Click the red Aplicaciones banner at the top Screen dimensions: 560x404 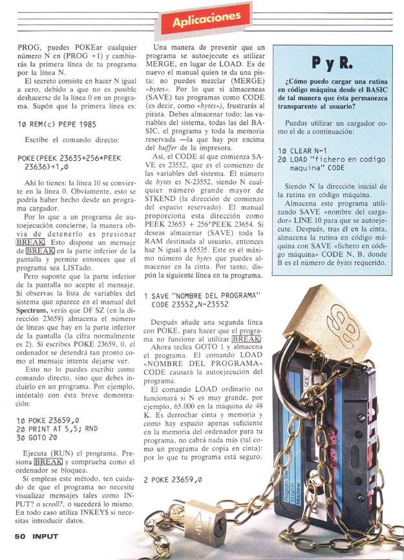pos(206,19)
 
